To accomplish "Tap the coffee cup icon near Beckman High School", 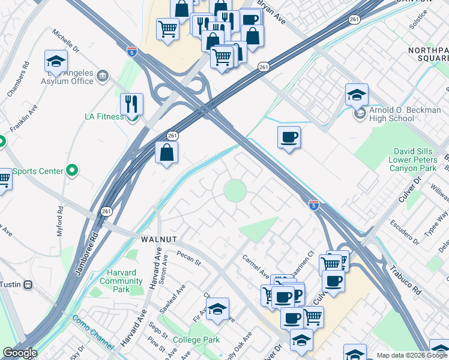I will point(289,137).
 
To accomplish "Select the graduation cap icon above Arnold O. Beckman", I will point(357,95).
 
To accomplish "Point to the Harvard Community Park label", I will point(122,281).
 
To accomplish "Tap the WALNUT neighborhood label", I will point(158,239).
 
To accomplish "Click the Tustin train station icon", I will point(27,285).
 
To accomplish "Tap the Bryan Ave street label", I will point(271,12).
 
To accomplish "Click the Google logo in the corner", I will point(20,353).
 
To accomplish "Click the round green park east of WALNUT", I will point(235,191).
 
